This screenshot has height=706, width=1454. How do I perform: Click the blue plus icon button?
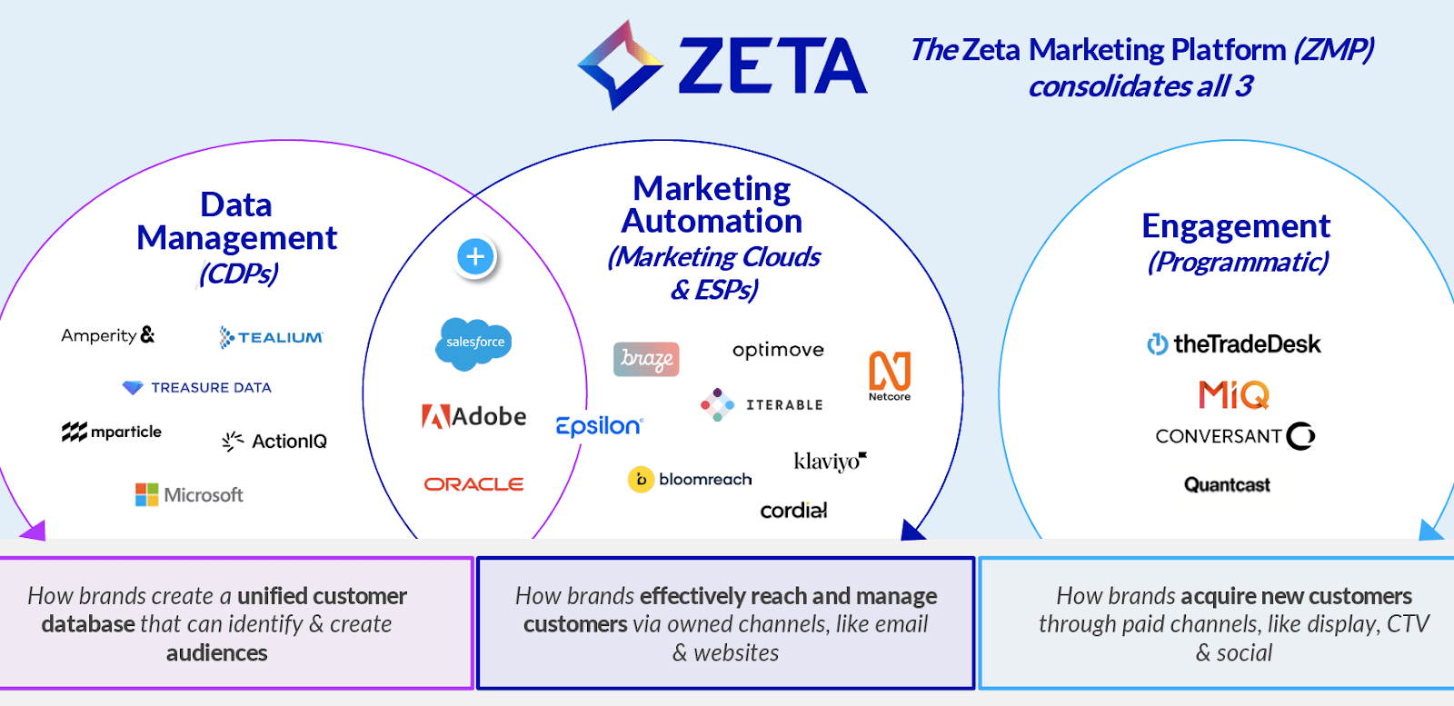(x=475, y=257)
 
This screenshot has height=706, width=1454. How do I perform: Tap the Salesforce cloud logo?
(x=474, y=343)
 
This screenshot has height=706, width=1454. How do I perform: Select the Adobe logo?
(x=473, y=417)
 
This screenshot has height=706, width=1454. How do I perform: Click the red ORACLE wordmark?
(x=473, y=484)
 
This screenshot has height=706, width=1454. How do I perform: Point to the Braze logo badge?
(x=646, y=359)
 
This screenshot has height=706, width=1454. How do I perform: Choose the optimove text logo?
(x=778, y=350)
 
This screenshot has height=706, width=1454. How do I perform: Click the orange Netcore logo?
(x=890, y=374)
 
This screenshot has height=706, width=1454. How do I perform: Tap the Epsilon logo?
(x=599, y=425)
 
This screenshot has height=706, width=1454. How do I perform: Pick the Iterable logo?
(x=762, y=404)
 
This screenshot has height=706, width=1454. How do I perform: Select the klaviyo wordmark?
(x=830, y=461)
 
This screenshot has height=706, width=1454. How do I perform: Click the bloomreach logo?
(x=690, y=479)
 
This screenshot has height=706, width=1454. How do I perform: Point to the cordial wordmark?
(x=793, y=511)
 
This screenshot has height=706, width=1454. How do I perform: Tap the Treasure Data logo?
(x=197, y=388)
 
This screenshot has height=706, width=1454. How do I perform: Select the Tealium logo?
(x=271, y=337)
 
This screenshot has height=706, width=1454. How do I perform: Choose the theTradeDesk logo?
(x=1234, y=344)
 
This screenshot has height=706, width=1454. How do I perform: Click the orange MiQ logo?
(x=1233, y=394)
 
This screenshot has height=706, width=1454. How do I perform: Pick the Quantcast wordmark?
(x=1227, y=485)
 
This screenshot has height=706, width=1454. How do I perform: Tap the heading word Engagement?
(x=1235, y=225)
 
